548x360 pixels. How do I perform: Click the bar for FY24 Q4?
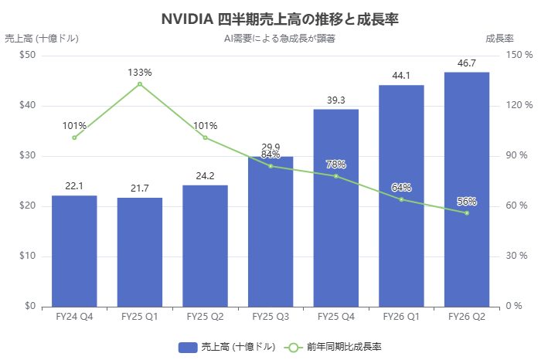point(74,251)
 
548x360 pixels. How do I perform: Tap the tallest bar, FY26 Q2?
point(467,189)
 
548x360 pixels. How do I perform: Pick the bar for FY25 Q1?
point(140,252)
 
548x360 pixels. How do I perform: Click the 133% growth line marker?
point(140,83)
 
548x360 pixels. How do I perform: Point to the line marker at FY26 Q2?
point(467,212)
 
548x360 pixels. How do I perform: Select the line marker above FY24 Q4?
point(74,138)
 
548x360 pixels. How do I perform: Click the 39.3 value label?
point(336,100)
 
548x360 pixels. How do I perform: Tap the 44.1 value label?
point(401,76)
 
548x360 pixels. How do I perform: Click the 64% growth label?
point(401,188)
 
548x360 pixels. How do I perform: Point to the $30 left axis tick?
point(29,156)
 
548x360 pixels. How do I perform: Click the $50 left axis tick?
point(29,55)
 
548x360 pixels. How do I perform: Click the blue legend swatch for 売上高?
point(189,347)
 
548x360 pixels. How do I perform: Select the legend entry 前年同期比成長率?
point(337,347)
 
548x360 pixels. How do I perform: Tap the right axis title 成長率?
point(500,38)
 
